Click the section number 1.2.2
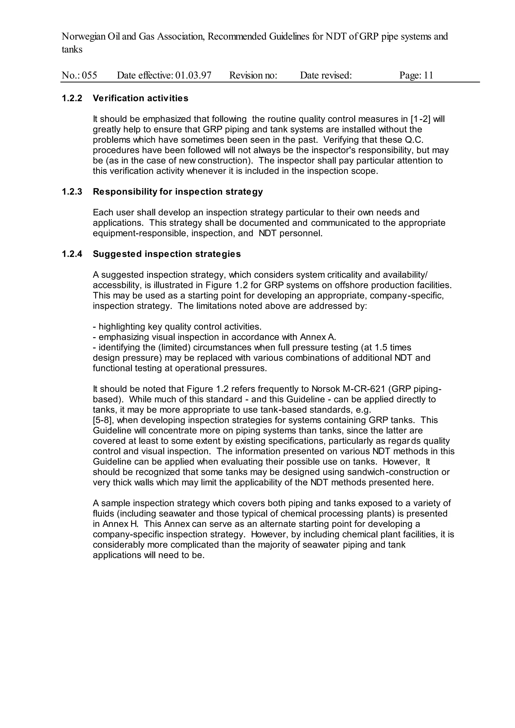(72, 98)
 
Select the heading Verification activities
(141, 98)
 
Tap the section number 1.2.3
(72, 192)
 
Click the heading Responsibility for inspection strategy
(178, 192)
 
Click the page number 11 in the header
(428, 75)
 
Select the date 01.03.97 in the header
(193, 75)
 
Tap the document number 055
(90, 75)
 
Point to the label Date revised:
(326, 75)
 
